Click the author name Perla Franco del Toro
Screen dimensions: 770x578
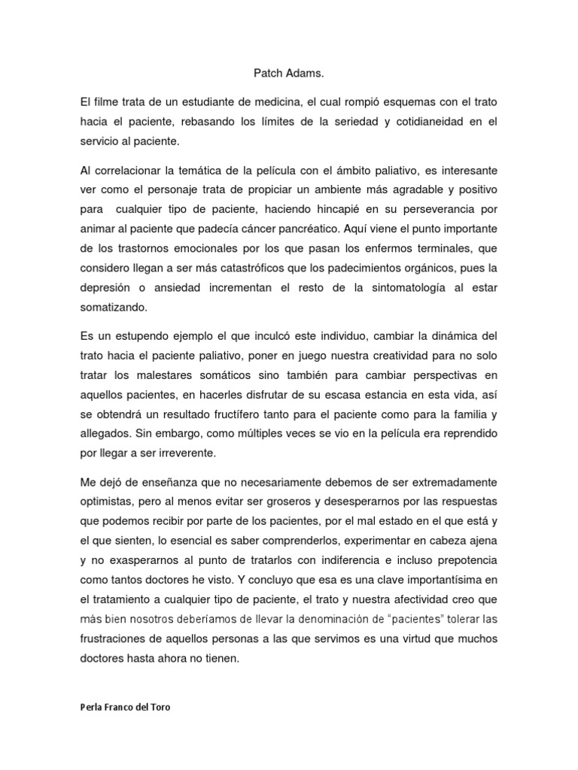pyautogui.click(x=124, y=708)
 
